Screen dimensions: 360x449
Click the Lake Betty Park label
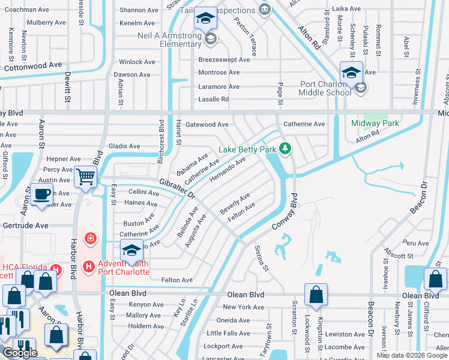(x=247, y=148)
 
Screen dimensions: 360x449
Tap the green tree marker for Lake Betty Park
(x=286, y=148)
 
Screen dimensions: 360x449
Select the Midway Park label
(x=375, y=123)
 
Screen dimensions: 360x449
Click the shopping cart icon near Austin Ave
(x=86, y=176)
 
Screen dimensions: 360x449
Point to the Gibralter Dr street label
(x=178, y=188)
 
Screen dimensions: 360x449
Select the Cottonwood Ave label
(x=33, y=65)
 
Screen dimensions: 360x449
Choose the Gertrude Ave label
(x=25, y=226)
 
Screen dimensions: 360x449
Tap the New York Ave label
(x=244, y=307)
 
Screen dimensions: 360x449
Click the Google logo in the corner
(x=20, y=353)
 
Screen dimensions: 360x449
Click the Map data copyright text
(x=412, y=355)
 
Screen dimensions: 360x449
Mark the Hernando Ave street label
(x=228, y=170)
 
